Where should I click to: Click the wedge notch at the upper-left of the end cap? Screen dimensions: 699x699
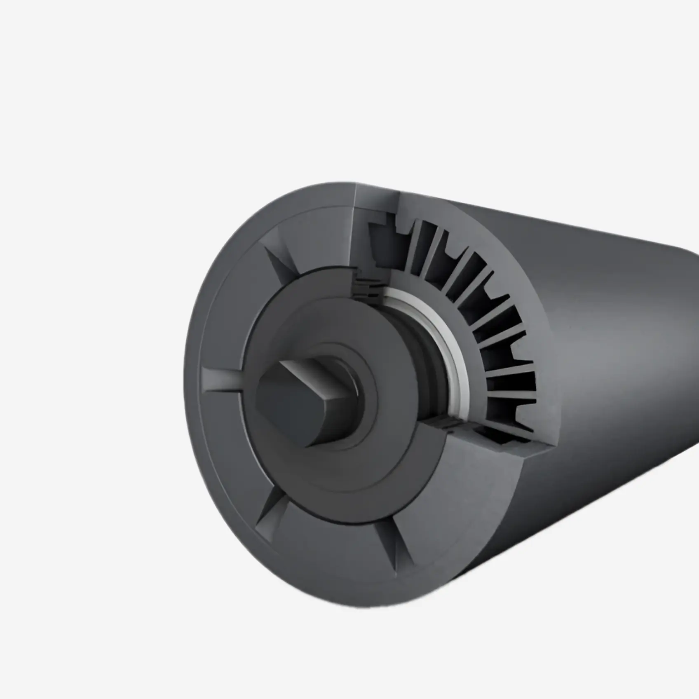284,264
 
